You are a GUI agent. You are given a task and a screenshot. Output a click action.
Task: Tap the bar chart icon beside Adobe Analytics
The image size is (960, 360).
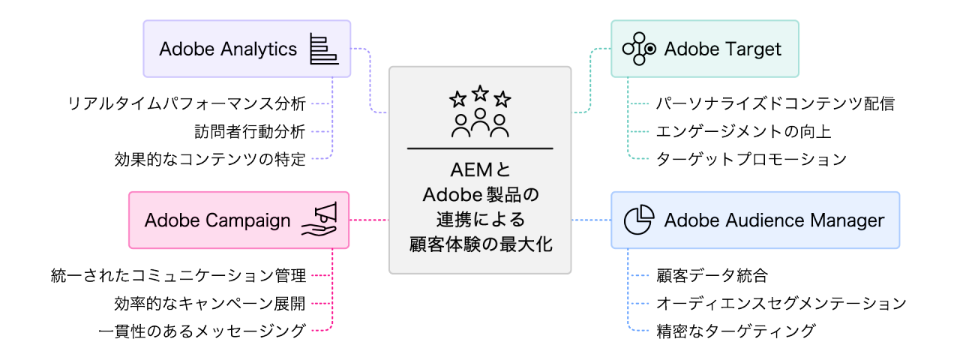[x=322, y=49]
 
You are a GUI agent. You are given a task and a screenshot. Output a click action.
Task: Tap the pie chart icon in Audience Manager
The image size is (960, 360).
[x=639, y=220]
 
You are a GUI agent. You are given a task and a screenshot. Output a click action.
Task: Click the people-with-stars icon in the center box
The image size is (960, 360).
[x=480, y=112]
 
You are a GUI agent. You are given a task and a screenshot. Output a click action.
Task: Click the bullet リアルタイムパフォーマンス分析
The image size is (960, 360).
[x=187, y=103]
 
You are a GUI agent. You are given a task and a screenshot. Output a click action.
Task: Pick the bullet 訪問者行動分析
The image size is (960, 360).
[x=249, y=131]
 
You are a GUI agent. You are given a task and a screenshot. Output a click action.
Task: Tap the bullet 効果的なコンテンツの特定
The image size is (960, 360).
[x=210, y=159]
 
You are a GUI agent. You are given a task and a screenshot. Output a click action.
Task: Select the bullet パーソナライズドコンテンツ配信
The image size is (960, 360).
[x=775, y=103]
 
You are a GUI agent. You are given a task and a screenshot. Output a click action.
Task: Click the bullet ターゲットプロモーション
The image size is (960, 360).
[x=751, y=159]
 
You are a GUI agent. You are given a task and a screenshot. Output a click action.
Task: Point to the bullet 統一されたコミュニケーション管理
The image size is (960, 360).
[x=178, y=275]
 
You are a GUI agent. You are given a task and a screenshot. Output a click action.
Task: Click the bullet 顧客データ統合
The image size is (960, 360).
[x=711, y=275]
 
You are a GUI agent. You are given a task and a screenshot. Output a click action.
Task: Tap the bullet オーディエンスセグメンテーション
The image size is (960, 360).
[x=781, y=303]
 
